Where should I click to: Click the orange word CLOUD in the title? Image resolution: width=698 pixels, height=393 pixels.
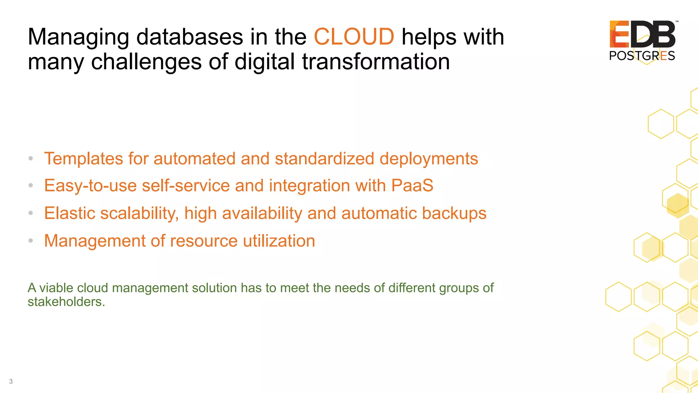[x=354, y=37]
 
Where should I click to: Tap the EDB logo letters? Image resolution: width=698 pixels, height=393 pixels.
[x=642, y=34]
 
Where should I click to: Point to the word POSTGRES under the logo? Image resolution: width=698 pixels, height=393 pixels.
[x=642, y=56]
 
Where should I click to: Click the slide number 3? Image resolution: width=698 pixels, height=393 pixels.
[x=11, y=381]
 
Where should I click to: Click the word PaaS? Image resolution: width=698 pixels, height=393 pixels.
[x=412, y=186]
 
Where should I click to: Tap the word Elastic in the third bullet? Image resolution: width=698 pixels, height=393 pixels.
[x=69, y=213]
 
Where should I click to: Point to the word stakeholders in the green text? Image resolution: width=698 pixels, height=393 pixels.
[x=66, y=302]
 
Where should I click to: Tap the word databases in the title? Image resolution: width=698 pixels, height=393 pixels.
[x=189, y=37]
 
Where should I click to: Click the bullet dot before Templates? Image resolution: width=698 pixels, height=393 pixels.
[x=31, y=158]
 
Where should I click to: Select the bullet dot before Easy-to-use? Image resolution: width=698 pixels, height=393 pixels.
[x=31, y=185]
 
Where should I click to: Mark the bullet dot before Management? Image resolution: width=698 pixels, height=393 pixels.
[x=31, y=241]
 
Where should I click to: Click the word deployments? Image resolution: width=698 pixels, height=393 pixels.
[x=428, y=159]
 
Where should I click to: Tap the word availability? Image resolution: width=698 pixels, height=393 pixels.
[x=262, y=213]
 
